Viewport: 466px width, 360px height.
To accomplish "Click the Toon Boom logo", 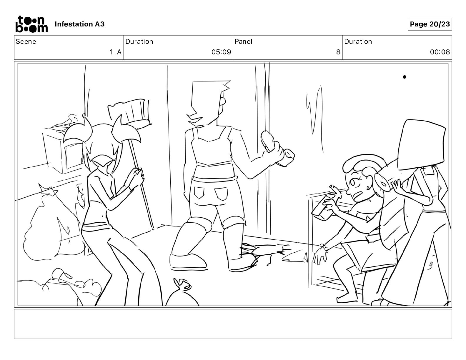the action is pyautogui.click(x=32, y=24).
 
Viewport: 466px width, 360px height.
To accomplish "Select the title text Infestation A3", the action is pyautogui.click(x=79, y=24).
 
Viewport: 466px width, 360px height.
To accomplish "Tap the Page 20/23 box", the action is pyautogui.click(x=430, y=24).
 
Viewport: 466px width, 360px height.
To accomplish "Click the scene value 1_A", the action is pyautogui.click(x=116, y=52).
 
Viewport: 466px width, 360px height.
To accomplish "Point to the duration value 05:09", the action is pyautogui.click(x=221, y=52).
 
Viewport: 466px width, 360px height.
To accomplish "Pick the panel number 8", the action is pyautogui.click(x=338, y=52).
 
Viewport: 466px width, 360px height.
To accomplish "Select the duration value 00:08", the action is pyautogui.click(x=440, y=52).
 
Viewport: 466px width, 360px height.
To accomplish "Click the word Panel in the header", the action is pyautogui.click(x=243, y=41).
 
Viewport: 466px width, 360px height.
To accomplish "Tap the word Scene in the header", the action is pyautogui.click(x=26, y=41).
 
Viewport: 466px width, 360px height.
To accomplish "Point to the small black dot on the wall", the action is pyautogui.click(x=404, y=77).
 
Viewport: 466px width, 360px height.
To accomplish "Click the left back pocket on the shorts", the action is pyautogui.click(x=199, y=193).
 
